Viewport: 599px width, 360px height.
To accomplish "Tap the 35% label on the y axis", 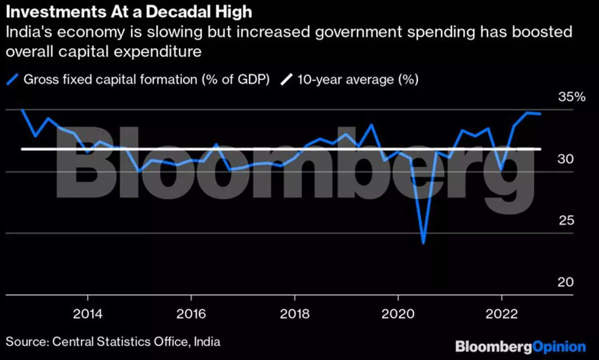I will (x=572, y=97).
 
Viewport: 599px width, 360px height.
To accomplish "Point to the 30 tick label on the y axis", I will (x=567, y=159).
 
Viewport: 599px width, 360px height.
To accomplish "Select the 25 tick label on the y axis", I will (x=567, y=221).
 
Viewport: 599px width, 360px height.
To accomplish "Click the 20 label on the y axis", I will (x=567, y=282).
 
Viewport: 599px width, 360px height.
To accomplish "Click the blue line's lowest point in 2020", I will (x=424, y=243).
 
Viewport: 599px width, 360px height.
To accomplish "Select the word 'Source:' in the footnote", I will (x=26, y=342).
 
